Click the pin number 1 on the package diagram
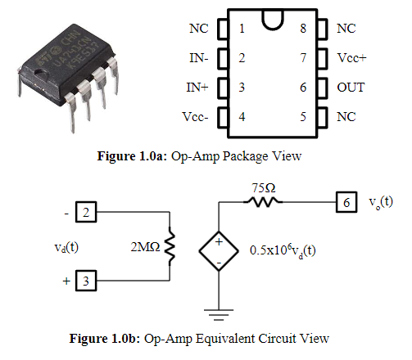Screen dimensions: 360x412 [242, 29]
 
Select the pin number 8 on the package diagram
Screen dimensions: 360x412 [303, 29]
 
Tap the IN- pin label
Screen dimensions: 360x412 [197, 58]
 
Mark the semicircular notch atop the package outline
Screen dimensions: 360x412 [273, 18]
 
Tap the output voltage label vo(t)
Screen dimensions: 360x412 [380, 201]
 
